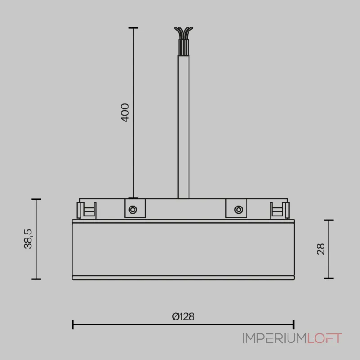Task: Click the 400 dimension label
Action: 125,113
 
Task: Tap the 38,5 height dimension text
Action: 28,239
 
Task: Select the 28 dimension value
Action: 321,249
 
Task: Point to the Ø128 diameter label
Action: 184,316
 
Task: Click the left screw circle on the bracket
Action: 133,210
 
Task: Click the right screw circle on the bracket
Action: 238,210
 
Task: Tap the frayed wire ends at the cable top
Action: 184,33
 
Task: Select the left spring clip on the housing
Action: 86,210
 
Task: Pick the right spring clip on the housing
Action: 279,210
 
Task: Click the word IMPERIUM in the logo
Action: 274,338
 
